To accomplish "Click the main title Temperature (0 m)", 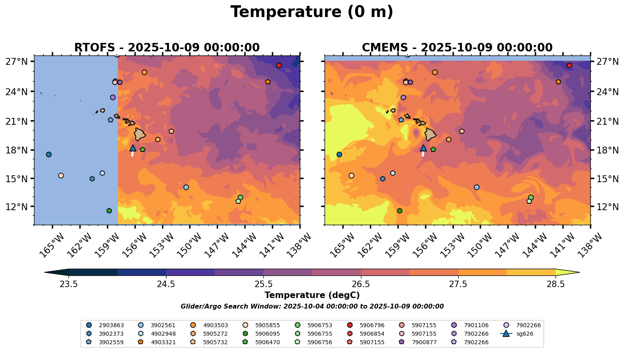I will click(312, 12).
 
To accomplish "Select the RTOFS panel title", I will click(167, 48).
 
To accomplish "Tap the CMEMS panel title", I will click(457, 48).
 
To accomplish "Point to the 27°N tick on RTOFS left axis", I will click(16, 62).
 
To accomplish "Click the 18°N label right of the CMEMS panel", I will click(608, 150).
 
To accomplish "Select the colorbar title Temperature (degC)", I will click(312, 295).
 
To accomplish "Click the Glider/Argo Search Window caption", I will click(312, 307).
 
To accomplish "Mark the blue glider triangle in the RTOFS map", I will click(132, 148).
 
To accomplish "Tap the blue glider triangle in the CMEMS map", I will click(423, 148).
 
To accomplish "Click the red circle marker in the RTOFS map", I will click(279, 66).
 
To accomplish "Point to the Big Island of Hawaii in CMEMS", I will click(430, 134).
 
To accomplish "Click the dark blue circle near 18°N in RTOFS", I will click(49, 155).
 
